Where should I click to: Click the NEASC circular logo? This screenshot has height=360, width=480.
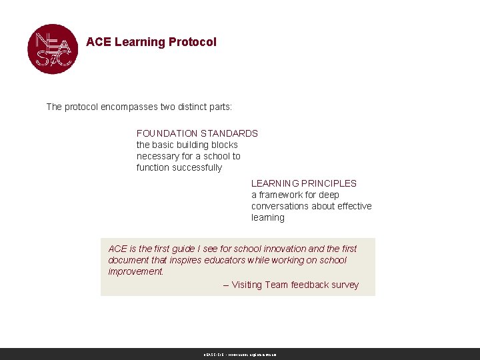pos(53,49)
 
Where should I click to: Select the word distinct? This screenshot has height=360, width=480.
pos(191,107)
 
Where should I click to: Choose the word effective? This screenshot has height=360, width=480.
pos(353,206)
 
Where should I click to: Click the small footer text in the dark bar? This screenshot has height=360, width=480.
pos(240,355)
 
